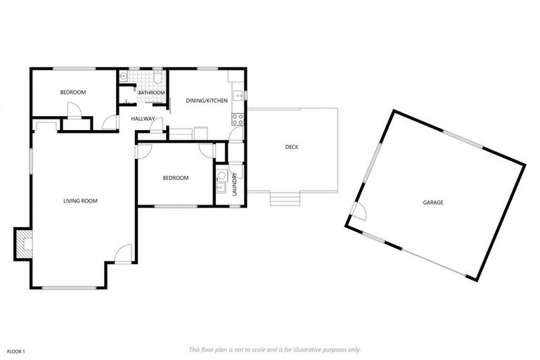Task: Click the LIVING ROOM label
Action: coord(80,201)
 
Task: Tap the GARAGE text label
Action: coord(432,202)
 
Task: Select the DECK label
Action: coord(292,147)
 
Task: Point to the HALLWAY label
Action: coord(143,118)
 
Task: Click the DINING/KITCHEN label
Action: coord(207,101)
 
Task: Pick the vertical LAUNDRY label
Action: coord(234,184)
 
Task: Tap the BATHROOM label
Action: coord(151,93)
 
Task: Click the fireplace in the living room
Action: coord(22,244)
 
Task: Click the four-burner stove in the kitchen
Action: coord(238,117)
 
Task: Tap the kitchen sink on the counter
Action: coord(239,94)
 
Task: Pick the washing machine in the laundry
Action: coord(221,176)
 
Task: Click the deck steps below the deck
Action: coord(285,199)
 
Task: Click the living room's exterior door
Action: coord(123,254)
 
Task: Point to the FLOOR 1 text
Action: coord(16,350)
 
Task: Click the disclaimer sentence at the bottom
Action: coord(275,349)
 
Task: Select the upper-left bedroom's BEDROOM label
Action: coord(72,93)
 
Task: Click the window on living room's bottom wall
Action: coord(69,287)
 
